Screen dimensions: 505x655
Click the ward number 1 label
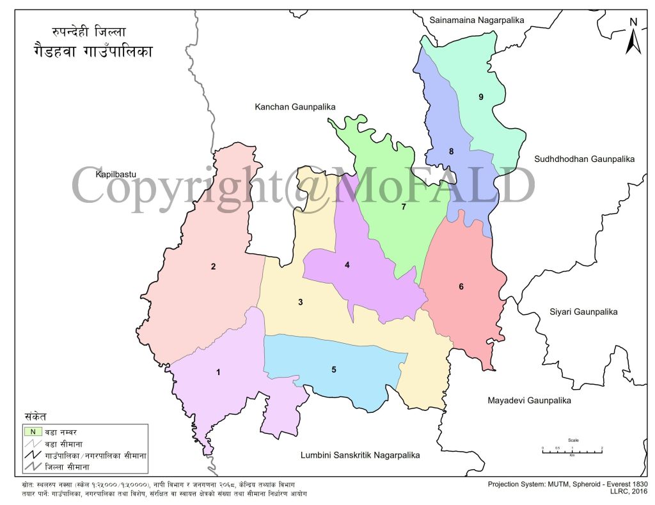click(x=218, y=372)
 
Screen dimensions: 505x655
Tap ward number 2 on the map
click(x=213, y=266)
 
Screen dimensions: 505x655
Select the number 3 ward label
click(x=299, y=302)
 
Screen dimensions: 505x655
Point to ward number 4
click(x=347, y=264)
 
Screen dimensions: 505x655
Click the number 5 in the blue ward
click(x=334, y=369)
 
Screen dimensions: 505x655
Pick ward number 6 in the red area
click(x=461, y=286)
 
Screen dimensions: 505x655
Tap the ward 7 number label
click(x=404, y=206)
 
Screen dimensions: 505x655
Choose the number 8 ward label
click(x=451, y=152)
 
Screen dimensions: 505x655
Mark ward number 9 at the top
click(x=480, y=97)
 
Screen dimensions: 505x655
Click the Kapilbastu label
click(x=116, y=174)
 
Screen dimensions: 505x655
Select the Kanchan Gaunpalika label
click(x=295, y=107)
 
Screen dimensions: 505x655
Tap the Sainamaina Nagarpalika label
click(x=477, y=20)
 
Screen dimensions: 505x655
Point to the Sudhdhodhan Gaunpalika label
click(x=585, y=158)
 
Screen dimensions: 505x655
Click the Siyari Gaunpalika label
click(x=583, y=312)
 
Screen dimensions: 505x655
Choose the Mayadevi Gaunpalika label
click(x=528, y=401)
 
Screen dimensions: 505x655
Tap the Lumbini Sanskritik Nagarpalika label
click(x=360, y=456)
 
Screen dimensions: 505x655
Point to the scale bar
click(x=572, y=451)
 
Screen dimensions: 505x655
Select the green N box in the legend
click(x=33, y=431)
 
